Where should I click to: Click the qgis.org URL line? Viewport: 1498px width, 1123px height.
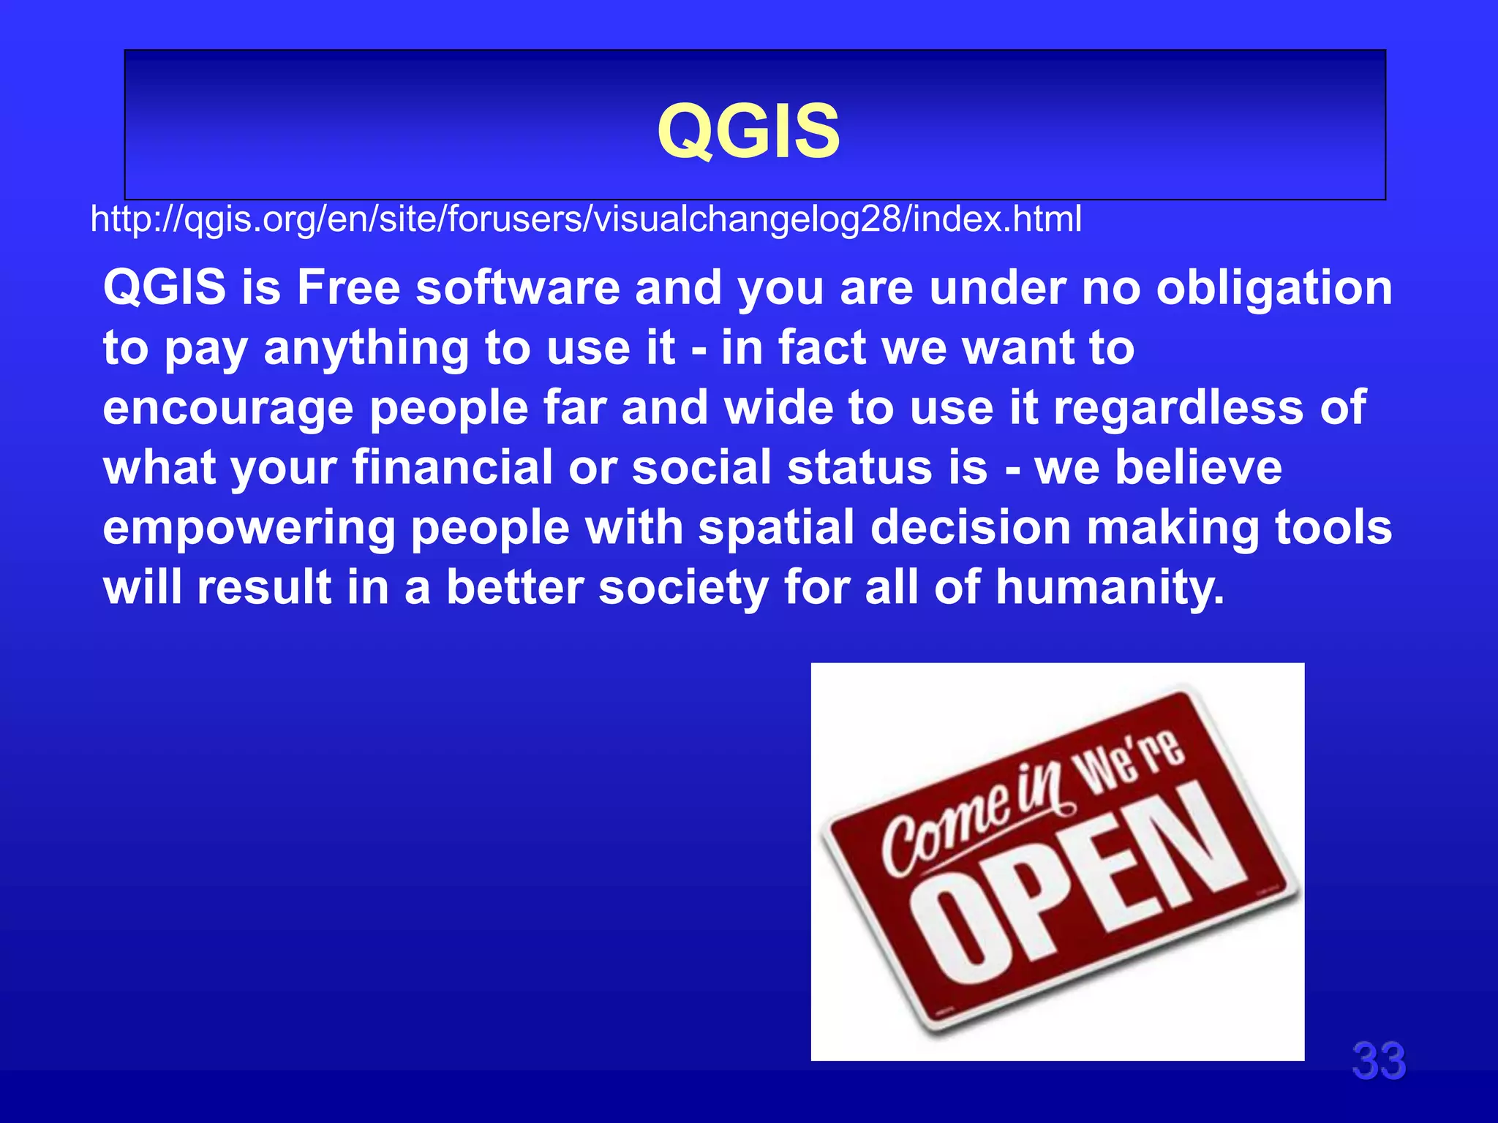coord(585,219)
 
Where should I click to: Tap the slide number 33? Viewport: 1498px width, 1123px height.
coord(1378,1061)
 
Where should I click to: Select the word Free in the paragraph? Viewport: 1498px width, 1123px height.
coord(348,287)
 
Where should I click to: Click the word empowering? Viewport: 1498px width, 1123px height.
coord(249,529)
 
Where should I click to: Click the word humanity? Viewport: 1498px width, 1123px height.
coord(1110,588)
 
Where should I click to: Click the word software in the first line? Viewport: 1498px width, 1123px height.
coord(518,287)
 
